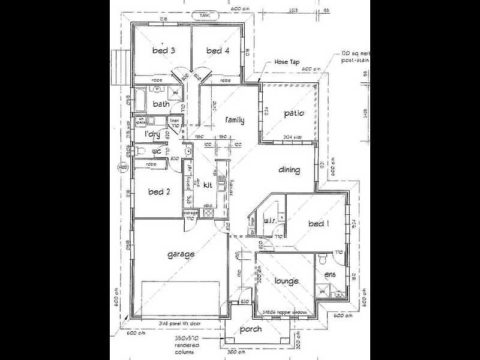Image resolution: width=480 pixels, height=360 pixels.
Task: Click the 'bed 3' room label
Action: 163,51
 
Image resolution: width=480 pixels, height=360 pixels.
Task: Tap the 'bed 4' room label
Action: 218,51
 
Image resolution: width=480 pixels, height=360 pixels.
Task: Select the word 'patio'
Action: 294,113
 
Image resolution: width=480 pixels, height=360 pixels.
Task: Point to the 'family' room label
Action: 234,120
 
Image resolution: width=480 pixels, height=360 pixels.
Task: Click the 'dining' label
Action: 289,170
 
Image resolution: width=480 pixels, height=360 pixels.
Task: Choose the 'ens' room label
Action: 330,275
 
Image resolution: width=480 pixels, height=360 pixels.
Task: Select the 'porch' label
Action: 250,329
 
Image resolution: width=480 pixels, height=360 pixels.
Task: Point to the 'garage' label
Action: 181,254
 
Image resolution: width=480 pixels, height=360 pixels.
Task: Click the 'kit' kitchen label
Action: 208,185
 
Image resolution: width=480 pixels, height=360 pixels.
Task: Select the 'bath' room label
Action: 161,104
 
